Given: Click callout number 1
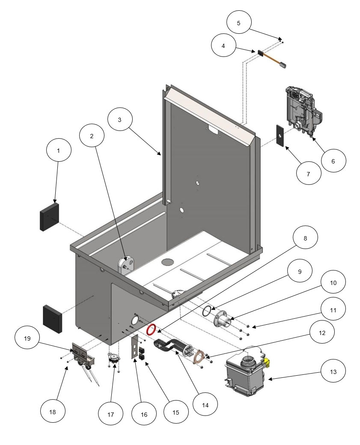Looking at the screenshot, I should [x=59, y=151].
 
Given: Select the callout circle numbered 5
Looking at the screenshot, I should [x=238, y=23].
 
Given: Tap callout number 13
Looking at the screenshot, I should [x=333, y=372].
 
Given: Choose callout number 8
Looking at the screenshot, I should [x=305, y=239].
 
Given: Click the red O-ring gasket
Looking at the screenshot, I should [x=151, y=330].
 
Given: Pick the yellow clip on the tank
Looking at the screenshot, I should [x=268, y=363].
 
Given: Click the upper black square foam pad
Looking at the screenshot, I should [x=50, y=216].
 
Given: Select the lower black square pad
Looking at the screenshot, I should [x=53, y=319].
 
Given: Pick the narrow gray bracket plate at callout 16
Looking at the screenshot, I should [x=135, y=347].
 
